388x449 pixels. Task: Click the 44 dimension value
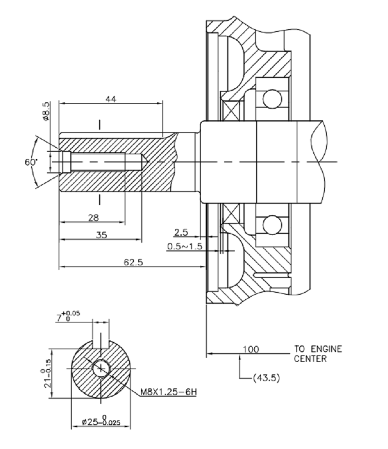pos(110,98)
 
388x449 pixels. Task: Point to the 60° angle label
pos(31,162)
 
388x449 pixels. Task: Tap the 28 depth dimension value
pos(94,217)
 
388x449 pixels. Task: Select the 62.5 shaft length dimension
pos(134,262)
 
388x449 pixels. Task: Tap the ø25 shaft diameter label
pos(100,422)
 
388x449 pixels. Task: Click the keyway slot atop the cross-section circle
pos(100,337)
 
